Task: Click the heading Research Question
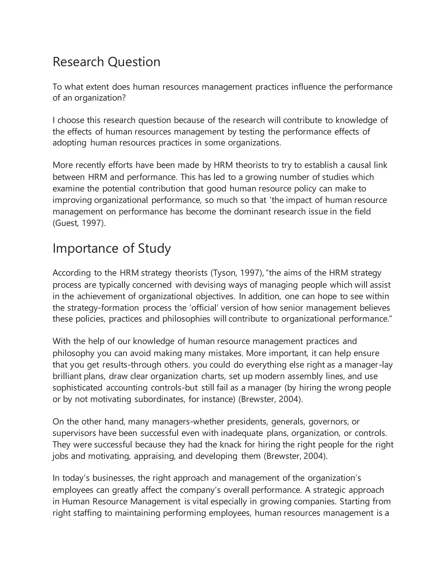[106, 62]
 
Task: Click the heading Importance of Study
[112, 249]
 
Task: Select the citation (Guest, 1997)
[79, 223]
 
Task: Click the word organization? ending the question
[100, 98]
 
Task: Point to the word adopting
[69, 143]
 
